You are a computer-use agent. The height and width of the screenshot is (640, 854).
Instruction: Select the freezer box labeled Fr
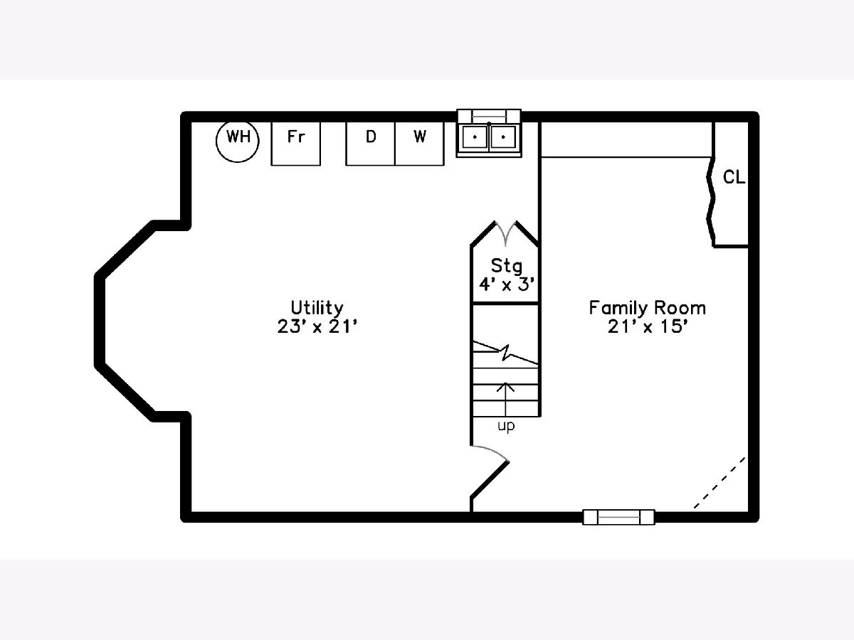coord(295,144)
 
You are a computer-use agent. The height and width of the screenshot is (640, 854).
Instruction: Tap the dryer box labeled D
coord(370,144)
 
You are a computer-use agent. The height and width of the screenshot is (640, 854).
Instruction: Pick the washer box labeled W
coord(419,144)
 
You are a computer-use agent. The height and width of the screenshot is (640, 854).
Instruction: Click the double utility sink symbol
coord(489,139)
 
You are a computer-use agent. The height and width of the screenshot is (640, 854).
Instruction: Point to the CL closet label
coord(734,177)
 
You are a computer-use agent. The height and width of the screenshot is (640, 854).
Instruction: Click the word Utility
coord(317,308)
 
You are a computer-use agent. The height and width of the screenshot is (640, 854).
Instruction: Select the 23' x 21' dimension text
coord(317,326)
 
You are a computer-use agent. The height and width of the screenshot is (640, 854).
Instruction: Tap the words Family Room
coord(647,308)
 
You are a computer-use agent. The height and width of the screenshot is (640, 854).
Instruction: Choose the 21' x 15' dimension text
coord(647,326)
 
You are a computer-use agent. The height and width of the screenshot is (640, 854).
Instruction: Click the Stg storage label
coord(506,266)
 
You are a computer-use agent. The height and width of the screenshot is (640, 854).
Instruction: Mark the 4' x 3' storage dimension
coord(506,285)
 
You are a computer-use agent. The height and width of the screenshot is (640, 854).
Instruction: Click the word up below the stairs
coord(506,426)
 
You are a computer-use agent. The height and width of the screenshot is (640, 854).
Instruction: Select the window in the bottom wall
coord(618,517)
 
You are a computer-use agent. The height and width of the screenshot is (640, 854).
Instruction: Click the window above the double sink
coord(489,115)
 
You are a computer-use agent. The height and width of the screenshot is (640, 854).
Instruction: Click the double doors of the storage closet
coord(505,233)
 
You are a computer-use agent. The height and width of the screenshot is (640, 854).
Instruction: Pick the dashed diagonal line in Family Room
coord(719,483)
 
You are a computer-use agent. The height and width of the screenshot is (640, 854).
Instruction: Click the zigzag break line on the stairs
coord(505,353)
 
